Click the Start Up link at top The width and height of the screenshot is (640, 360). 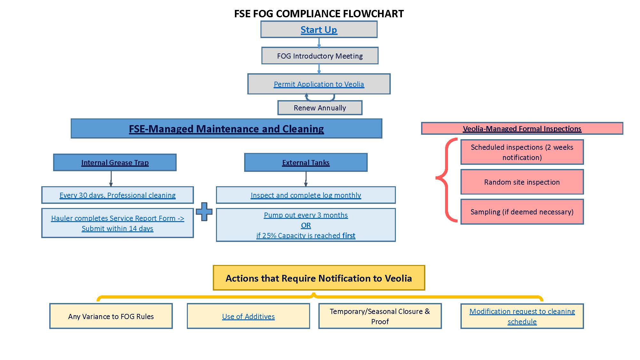pyautogui.click(x=319, y=30)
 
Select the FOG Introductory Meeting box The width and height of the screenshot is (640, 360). pyautogui.click(x=320, y=56)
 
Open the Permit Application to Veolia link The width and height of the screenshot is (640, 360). pyautogui.click(x=319, y=84)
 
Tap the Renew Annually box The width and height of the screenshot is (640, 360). pyautogui.click(x=320, y=108)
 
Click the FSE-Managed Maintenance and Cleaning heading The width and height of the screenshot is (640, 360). pyautogui.click(x=226, y=129)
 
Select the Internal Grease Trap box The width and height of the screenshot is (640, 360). pyautogui.click(x=115, y=163)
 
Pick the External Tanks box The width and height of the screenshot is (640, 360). pyautogui.click(x=306, y=163)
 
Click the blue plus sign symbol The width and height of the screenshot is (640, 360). pyautogui.click(x=204, y=212)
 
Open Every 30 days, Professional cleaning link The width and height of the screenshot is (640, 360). pyautogui.click(x=117, y=195)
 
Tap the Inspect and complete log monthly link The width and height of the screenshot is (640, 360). pyautogui.click(x=306, y=195)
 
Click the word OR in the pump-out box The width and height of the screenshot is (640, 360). pyautogui.click(x=306, y=225)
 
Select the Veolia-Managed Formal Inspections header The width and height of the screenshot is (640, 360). pyautogui.click(x=522, y=129)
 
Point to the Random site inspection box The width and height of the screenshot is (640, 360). pyautogui.click(x=522, y=182)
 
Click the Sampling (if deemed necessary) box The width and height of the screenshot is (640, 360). pyautogui.click(x=522, y=212)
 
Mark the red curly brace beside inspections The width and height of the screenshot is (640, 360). pyautogui.click(x=446, y=180)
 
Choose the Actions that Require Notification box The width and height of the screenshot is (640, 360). pyautogui.click(x=319, y=278)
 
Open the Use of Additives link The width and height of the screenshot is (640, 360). pyautogui.click(x=248, y=316)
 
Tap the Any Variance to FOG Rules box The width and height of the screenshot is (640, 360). pyautogui.click(x=111, y=316)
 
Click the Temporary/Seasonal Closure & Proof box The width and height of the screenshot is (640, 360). pyautogui.click(x=380, y=316)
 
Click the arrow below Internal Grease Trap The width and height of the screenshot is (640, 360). pyautogui.click(x=111, y=179)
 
